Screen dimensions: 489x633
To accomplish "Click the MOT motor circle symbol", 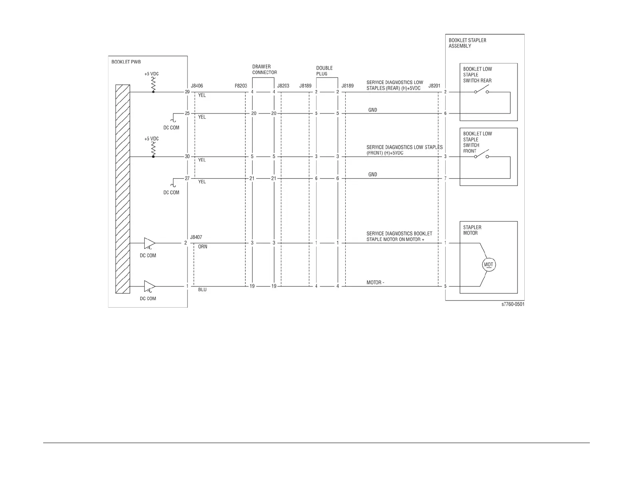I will [x=488, y=264].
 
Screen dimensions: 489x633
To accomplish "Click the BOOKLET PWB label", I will [x=126, y=62].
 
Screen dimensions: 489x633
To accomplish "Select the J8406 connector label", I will [x=197, y=86].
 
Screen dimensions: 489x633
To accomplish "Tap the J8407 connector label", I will [x=196, y=237].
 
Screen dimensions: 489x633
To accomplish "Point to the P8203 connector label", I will [x=241, y=86].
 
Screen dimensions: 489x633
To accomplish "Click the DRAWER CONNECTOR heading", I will [x=264, y=70].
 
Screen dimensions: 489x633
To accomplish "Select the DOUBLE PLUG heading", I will [x=324, y=71].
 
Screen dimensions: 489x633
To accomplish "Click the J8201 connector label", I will [x=434, y=86].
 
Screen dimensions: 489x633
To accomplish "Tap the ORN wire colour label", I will [x=203, y=247].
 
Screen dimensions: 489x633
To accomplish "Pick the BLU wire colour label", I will [x=202, y=290].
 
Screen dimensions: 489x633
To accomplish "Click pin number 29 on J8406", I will [x=187, y=92].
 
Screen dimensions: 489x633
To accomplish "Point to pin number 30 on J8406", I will [x=187, y=157].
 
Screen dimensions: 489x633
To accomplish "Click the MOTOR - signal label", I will [x=375, y=283].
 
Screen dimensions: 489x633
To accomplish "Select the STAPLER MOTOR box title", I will [x=472, y=230].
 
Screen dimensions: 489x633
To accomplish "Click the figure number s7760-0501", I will [x=513, y=304].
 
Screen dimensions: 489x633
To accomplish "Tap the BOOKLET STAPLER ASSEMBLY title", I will [x=467, y=43].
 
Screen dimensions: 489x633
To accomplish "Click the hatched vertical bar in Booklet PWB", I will [x=123, y=189].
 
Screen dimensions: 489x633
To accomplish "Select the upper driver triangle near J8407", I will [x=149, y=243].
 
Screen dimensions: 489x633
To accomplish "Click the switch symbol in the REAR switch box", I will [x=481, y=91].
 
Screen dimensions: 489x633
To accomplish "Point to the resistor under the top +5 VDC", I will [x=153, y=84].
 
